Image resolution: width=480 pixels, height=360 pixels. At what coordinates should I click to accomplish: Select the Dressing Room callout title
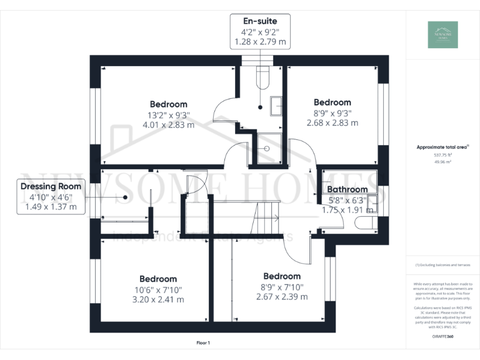click(51, 186)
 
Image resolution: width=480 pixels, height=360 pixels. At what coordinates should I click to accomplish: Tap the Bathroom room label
click(347, 189)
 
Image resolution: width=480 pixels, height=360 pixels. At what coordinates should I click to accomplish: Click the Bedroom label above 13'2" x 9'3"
click(168, 104)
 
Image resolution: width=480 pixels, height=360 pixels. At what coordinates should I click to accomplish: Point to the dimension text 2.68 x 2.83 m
click(332, 123)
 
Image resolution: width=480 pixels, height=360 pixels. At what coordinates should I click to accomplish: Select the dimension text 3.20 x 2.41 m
click(158, 299)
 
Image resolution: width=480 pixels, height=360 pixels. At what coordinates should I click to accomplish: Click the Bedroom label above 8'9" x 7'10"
click(282, 276)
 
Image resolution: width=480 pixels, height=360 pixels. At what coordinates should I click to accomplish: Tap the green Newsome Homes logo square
click(442, 34)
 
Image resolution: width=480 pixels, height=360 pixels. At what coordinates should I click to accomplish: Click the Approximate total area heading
click(442, 147)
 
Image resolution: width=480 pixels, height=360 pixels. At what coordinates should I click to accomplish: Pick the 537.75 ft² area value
click(442, 154)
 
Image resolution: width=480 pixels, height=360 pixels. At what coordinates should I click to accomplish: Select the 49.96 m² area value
click(442, 161)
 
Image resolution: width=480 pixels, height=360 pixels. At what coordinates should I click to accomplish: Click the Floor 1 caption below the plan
click(203, 342)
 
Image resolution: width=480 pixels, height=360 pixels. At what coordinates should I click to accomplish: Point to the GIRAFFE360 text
click(442, 337)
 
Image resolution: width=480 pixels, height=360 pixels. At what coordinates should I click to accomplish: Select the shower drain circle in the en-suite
click(267, 149)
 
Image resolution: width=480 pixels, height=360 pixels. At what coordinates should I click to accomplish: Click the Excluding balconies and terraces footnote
click(442, 265)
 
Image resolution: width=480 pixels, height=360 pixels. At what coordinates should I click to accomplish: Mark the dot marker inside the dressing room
click(126, 197)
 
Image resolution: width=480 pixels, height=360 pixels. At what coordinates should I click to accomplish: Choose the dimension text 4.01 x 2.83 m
click(168, 124)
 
